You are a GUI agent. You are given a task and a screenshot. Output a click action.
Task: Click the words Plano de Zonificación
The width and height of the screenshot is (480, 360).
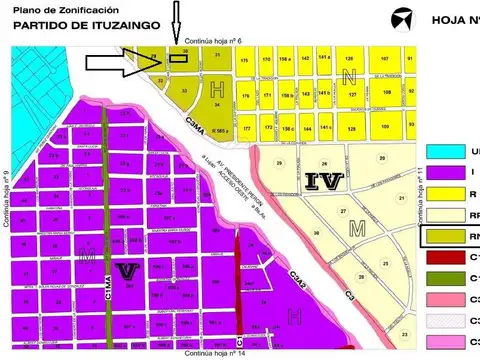51,8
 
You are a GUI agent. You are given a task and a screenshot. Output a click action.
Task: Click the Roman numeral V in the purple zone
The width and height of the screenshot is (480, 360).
126,270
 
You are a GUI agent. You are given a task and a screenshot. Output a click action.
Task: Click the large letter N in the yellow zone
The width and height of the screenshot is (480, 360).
347,76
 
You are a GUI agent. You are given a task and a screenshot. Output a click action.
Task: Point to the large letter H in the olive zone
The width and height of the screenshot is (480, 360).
218,90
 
